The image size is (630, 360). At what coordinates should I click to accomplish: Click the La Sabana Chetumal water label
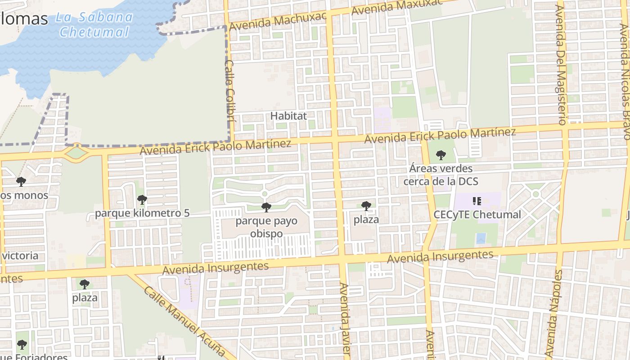(x=94, y=25)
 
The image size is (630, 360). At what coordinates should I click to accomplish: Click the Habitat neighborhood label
(x=288, y=116)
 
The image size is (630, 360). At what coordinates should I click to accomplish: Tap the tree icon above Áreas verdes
(x=441, y=155)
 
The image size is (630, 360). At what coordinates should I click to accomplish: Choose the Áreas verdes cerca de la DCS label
(x=441, y=175)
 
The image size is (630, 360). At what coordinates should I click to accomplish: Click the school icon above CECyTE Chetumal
(x=477, y=201)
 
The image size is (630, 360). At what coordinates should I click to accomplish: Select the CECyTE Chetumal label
(x=477, y=214)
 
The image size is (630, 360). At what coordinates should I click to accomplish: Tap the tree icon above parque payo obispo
(x=266, y=207)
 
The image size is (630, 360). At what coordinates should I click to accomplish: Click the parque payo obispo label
(x=266, y=227)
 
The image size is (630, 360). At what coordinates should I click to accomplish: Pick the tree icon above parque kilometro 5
(x=142, y=199)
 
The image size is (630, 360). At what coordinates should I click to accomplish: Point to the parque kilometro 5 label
(x=142, y=213)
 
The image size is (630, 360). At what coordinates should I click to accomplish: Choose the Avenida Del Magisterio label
(x=561, y=63)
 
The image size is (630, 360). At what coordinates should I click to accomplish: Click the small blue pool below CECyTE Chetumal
(x=481, y=238)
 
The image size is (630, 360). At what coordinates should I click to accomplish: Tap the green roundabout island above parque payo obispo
(x=265, y=194)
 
